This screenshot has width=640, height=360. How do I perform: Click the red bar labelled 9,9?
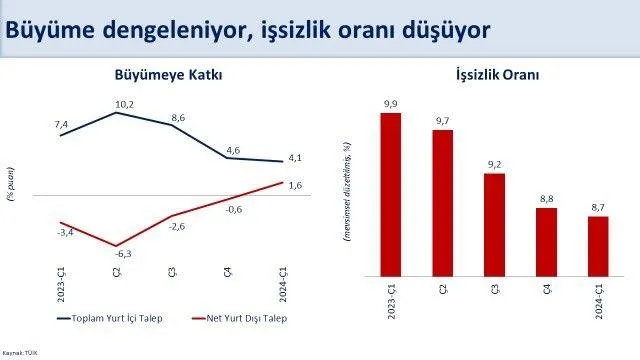point(391,194)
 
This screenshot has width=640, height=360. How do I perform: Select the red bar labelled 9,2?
point(494,225)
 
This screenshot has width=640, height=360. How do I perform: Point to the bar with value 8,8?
point(546,242)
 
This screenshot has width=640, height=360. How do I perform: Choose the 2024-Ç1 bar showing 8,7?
point(598,246)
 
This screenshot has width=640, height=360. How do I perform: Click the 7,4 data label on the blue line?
point(61,123)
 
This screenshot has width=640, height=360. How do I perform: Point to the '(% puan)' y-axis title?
point(11,184)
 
